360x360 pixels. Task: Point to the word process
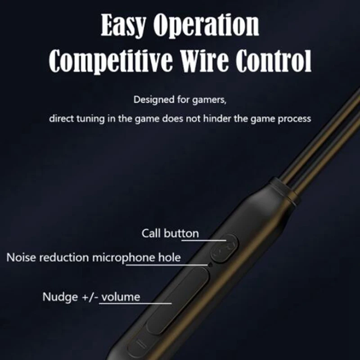[295, 120]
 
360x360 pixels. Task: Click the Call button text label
[170, 233]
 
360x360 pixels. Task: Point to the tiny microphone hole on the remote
[210, 265]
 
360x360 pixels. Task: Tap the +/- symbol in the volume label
[88, 297]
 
